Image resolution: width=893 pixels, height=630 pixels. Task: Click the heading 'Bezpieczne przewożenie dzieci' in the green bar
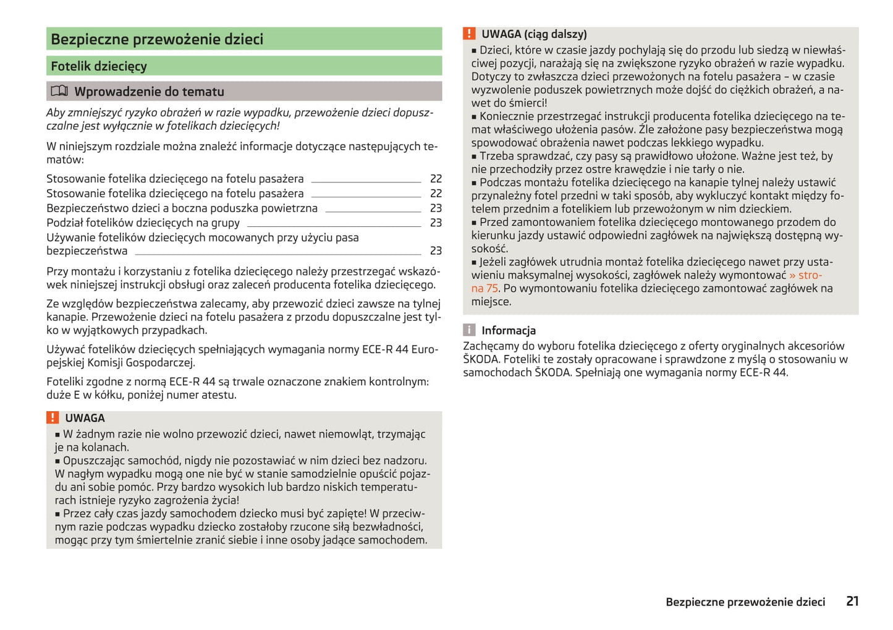click(157, 39)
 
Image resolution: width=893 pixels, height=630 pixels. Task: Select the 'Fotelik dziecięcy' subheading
click(99, 66)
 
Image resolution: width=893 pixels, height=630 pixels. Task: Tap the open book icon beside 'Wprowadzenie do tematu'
click(59, 92)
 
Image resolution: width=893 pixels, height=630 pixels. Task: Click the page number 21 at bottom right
click(852, 601)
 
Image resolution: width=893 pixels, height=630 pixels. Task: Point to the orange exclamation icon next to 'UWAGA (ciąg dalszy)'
click(470, 34)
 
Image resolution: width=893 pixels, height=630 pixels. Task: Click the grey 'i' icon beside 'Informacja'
click(470, 330)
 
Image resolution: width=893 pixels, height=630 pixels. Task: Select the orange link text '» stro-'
click(805, 275)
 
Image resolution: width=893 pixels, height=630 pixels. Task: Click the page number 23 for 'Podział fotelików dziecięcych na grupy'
click(436, 223)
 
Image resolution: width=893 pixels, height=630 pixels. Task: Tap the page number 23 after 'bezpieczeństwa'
click(436, 250)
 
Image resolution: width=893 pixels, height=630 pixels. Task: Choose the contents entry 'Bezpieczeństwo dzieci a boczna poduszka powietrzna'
click(182, 208)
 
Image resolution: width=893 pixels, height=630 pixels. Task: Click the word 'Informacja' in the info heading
click(509, 331)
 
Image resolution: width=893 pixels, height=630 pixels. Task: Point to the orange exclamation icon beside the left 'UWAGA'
click(53, 418)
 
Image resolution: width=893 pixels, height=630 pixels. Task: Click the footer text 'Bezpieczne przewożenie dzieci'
click(745, 602)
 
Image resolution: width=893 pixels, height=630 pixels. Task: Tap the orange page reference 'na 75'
click(485, 289)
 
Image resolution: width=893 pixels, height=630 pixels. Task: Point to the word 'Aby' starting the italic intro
click(56, 113)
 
